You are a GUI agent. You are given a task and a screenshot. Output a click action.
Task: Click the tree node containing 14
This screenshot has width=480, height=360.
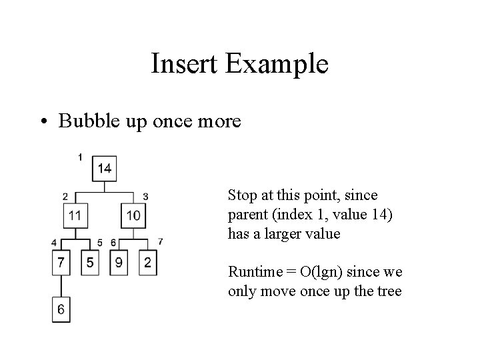pos(105,168)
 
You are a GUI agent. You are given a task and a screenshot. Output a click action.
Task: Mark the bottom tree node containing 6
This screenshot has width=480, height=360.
pos(61,309)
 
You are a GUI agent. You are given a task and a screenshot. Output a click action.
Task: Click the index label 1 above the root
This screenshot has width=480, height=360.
pos(80,157)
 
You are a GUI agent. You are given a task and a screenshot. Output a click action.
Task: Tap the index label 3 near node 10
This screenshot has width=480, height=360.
pos(145,196)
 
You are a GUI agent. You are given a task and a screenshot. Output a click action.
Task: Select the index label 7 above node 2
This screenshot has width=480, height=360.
pos(160,241)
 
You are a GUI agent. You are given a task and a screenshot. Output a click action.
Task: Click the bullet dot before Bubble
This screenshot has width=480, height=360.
pos(44,123)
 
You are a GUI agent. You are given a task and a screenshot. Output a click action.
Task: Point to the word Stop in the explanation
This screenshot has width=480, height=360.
pos(241,195)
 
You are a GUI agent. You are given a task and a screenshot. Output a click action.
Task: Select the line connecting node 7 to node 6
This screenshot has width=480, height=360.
pos(61,285)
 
